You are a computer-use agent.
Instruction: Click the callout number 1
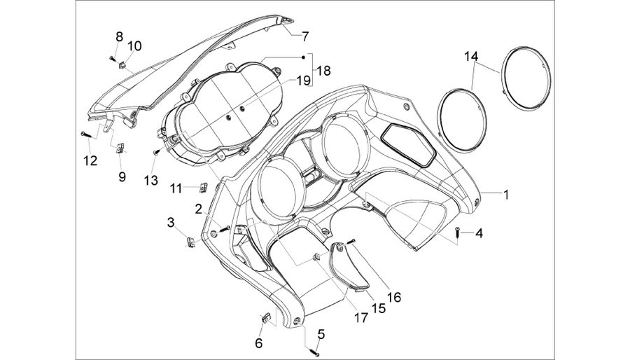click(506, 195)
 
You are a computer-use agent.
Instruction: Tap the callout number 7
click(305, 36)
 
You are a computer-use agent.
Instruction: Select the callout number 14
click(472, 56)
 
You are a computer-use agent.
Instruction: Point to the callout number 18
click(323, 71)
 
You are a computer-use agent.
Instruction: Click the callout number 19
click(304, 81)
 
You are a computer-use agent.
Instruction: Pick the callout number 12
click(90, 160)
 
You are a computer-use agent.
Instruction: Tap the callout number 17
click(361, 317)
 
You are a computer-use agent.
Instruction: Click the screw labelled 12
click(85, 133)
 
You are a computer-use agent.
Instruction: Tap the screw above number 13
click(157, 152)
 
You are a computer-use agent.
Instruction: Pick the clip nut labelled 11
click(204, 187)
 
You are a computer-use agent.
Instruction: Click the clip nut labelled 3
click(191, 242)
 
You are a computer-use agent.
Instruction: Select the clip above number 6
click(266, 318)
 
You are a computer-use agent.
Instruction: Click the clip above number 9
click(120, 148)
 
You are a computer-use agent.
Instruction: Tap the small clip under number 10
click(123, 64)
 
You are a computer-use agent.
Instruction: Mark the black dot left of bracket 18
click(304, 57)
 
